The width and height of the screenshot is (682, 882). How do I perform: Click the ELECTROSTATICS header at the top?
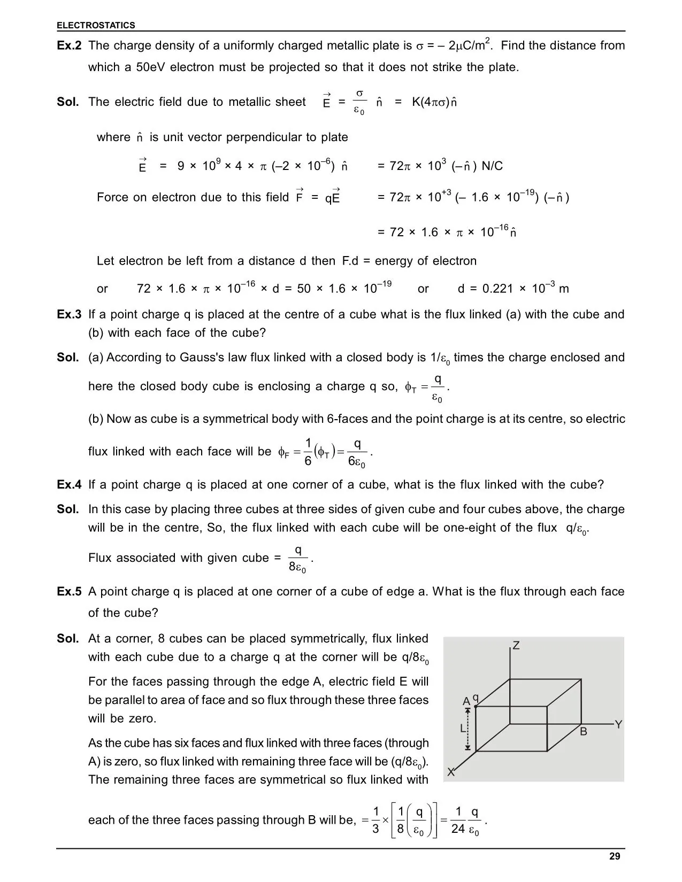(x=96, y=25)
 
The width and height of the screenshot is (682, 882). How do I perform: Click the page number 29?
(x=615, y=856)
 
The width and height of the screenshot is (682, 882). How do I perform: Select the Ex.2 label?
(x=69, y=45)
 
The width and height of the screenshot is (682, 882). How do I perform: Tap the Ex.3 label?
(x=69, y=314)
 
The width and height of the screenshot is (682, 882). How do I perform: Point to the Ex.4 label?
(x=69, y=485)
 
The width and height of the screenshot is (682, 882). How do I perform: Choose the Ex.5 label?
(x=69, y=592)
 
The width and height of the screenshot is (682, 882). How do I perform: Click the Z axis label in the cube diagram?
(x=516, y=646)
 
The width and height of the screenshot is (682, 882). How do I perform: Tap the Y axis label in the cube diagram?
(x=618, y=725)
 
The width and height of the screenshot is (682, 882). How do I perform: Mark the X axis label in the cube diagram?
(x=451, y=772)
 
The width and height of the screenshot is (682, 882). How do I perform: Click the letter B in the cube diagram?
(x=584, y=732)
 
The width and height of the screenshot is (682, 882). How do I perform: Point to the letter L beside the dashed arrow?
(x=463, y=728)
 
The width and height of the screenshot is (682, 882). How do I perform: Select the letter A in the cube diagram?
(x=466, y=701)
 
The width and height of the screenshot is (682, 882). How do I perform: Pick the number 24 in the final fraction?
(x=458, y=829)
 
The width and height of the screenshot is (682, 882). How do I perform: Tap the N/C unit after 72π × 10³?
(x=492, y=166)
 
